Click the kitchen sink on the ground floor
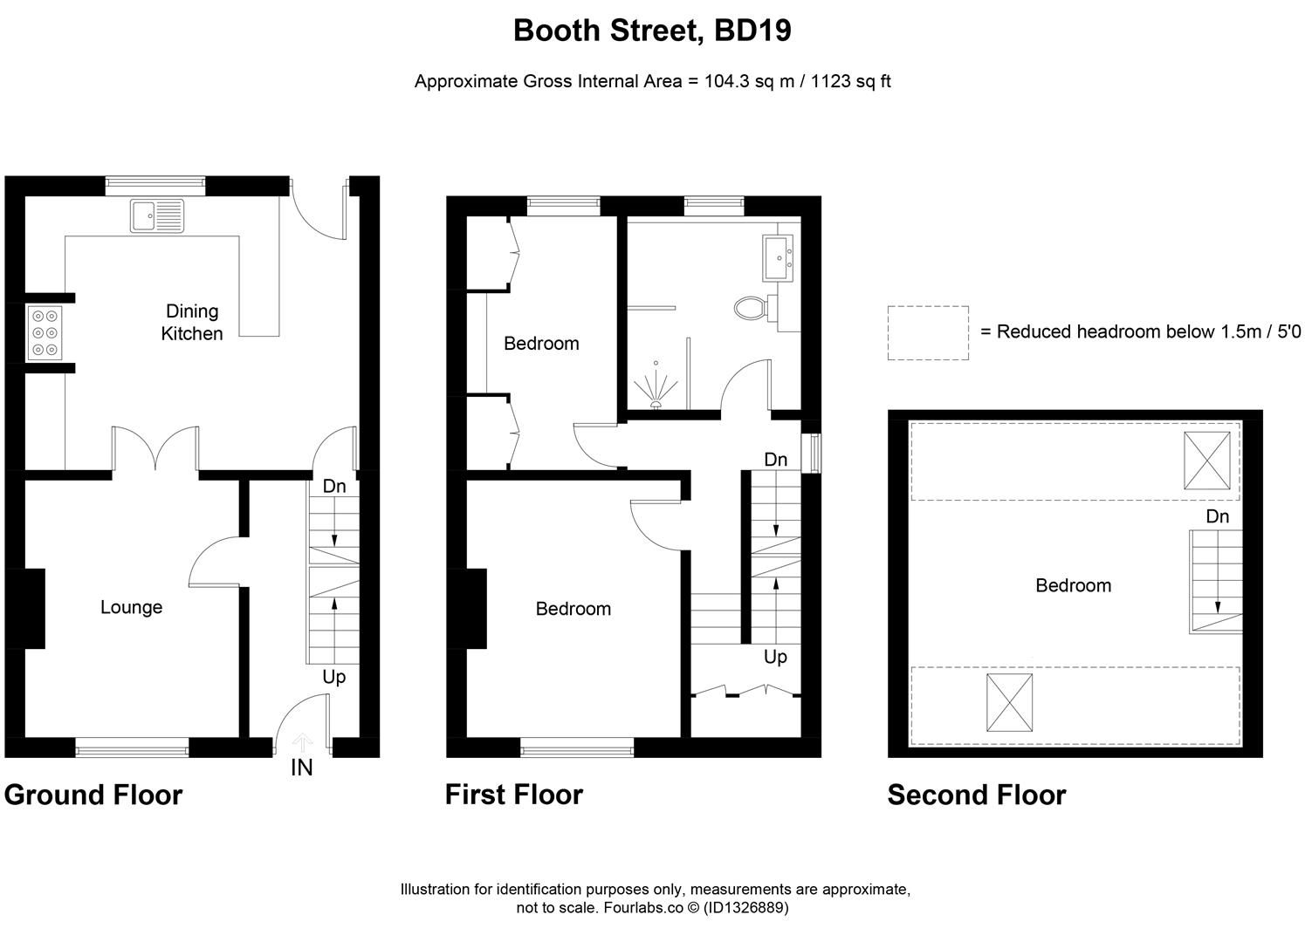click(x=157, y=216)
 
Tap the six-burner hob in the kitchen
click(x=45, y=333)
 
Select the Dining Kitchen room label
click(x=192, y=322)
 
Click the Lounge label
click(x=131, y=607)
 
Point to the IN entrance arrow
click(x=302, y=742)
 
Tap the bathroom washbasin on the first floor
click(x=778, y=258)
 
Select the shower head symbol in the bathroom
click(x=656, y=386)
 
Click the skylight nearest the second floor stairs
click(x=1207, y=461)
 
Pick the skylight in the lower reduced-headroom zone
click(x=1010, y=703)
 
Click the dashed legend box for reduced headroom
click(x=928, y=333)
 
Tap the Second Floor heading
click(x=977, y=795)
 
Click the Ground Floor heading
click(x=93, y=795)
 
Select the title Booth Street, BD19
click(x=652, y=31)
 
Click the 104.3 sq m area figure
click(x=749, y=81)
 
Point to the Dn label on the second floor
click(x=1217, y=516)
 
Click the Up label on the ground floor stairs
click(x=333, y=677)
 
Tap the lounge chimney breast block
click(x=25, y=609)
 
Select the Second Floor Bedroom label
click(x=1073, y=585)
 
